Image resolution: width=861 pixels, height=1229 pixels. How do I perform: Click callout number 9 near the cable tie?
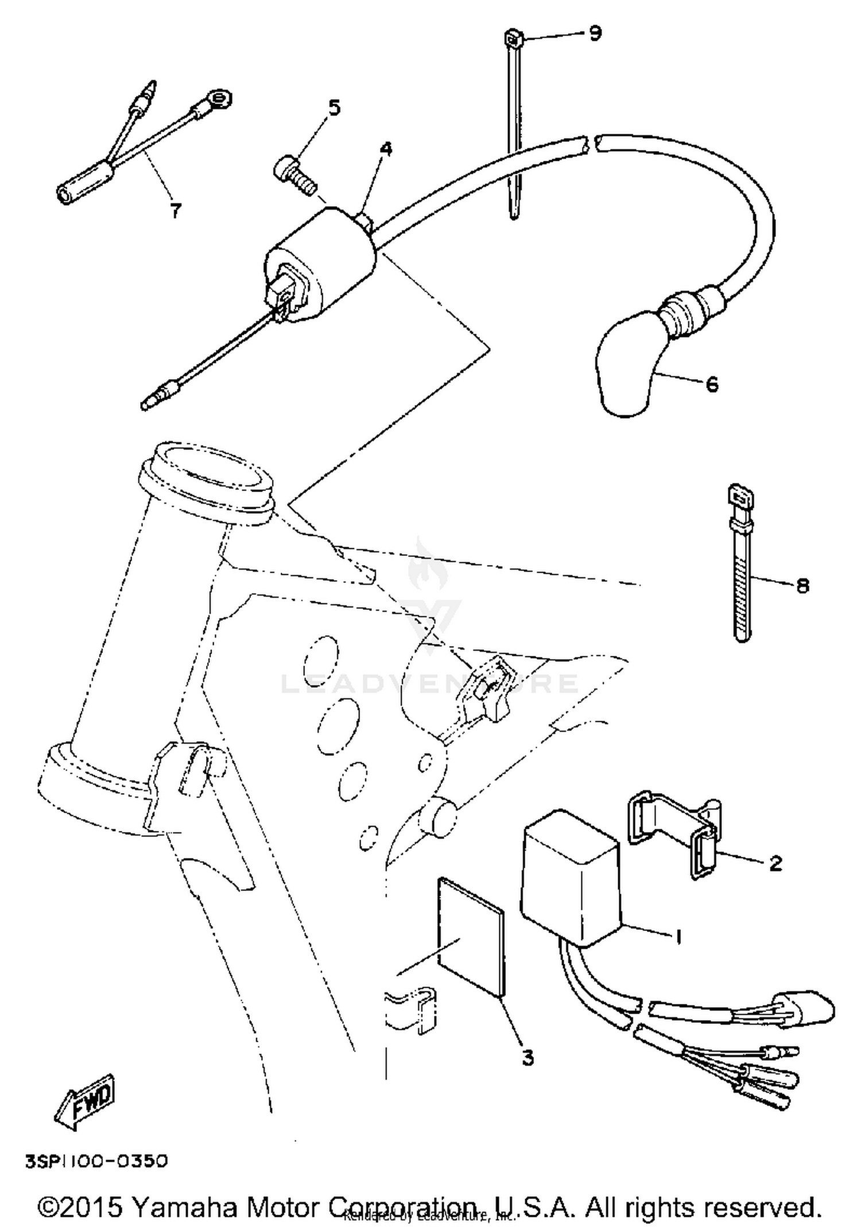coord(595,33)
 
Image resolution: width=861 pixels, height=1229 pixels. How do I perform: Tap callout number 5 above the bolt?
coord(334,107)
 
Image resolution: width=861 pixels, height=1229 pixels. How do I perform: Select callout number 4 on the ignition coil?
coord(386,149)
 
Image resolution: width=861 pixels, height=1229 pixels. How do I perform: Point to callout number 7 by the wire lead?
coord(175,211)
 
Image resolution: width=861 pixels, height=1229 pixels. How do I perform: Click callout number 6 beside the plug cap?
coord(711,384)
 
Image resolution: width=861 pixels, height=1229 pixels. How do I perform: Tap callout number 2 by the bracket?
coord(775,863)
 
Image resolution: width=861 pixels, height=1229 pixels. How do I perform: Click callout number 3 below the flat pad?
coord(528,1057)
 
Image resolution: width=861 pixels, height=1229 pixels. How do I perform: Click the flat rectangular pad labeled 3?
coord(471,936)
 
